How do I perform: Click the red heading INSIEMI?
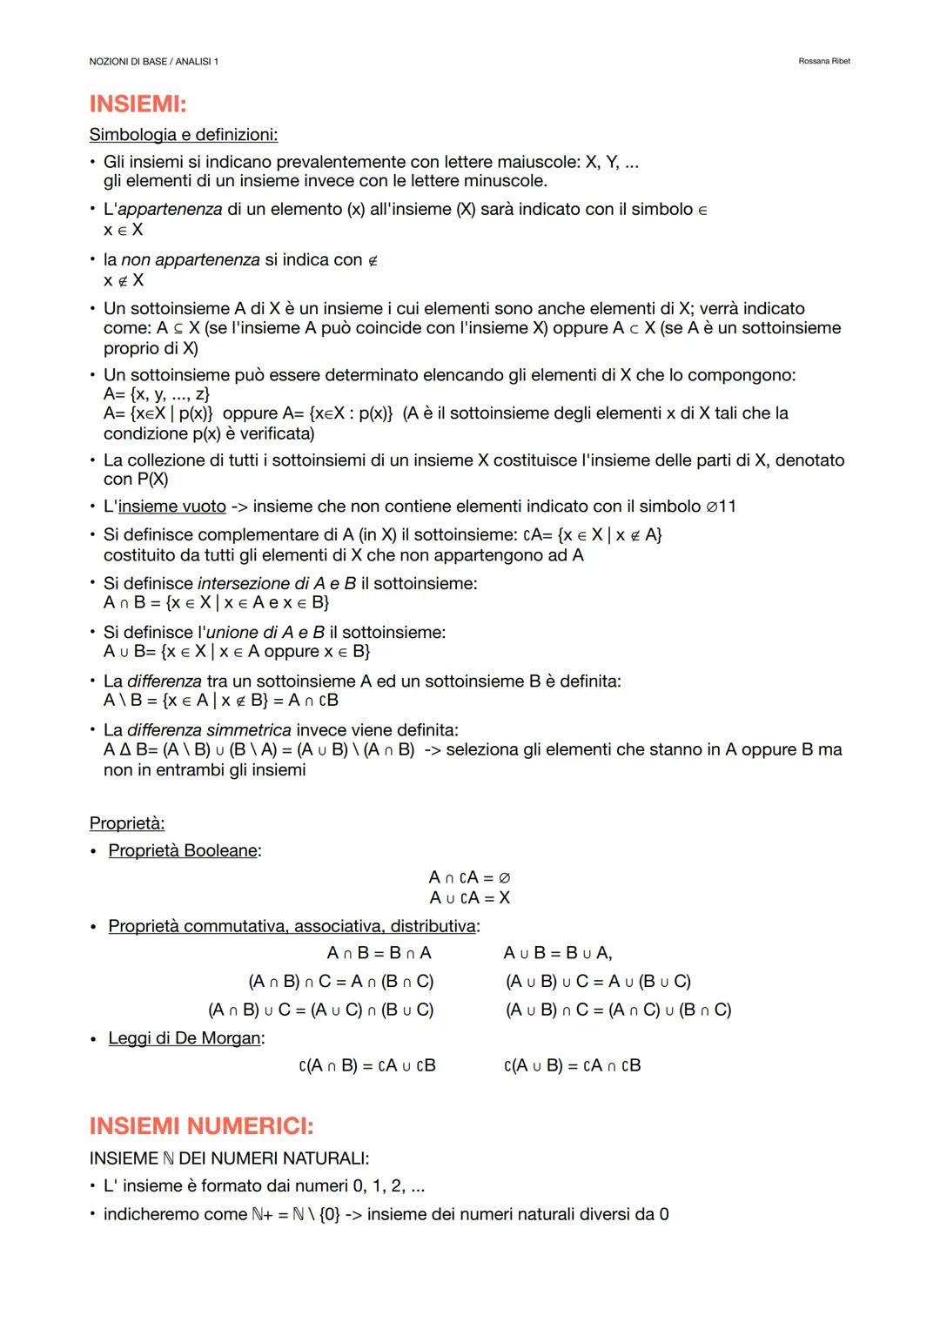coord(138,104)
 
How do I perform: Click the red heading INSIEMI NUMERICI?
coord(201,1126)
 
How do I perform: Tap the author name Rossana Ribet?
coord(823,61)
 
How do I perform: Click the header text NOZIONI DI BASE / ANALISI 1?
coord(154,61)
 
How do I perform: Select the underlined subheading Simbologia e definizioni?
coord(184,135)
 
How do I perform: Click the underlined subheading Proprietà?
coord(127,823)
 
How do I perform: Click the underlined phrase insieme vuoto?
coord(171,507)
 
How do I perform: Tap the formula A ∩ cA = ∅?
coord(469,877)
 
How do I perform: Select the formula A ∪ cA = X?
coord(469,897)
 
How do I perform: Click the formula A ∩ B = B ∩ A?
coord(379,953)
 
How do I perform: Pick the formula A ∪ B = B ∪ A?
coord(558,953)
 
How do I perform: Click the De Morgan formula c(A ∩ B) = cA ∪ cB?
coord(366,1065)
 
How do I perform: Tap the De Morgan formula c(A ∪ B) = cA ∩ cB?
coord(572,1065)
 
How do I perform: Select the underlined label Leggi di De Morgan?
coord(185,1038)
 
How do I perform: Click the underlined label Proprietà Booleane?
coord(183,850)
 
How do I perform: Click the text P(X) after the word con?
coord(152,480)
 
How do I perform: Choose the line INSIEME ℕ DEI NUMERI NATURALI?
coord(229,1158)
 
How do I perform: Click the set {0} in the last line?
coord(329,1214)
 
